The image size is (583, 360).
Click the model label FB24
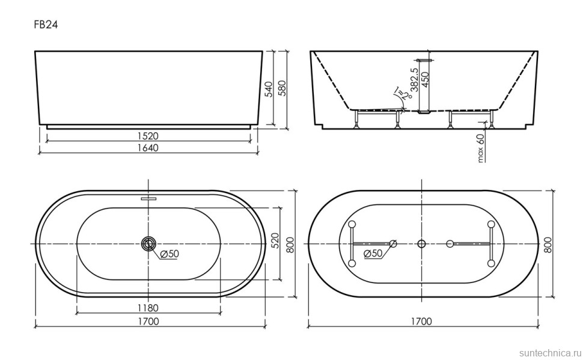click(x=46, y=25)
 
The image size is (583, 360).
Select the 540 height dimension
click(x=269, y=89)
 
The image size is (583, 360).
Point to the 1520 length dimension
click(x=148, y=136)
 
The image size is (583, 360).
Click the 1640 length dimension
click(x=148, y=148)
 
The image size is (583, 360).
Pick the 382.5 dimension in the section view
click(x=414, y=85)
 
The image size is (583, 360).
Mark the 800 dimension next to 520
click(x=289, y=243)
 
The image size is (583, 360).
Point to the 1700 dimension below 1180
click(x=148, y=322)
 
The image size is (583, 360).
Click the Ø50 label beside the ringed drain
click(x=169, y=254)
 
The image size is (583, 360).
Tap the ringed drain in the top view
click(x=148, y=243)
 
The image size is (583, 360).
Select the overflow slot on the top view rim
click(x=148, y=197)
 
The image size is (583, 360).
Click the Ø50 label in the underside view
click(x=374, y=254)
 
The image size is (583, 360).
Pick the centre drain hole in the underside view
click(x=421, y=243)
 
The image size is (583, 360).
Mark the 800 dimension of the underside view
click(x=548, y=243)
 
